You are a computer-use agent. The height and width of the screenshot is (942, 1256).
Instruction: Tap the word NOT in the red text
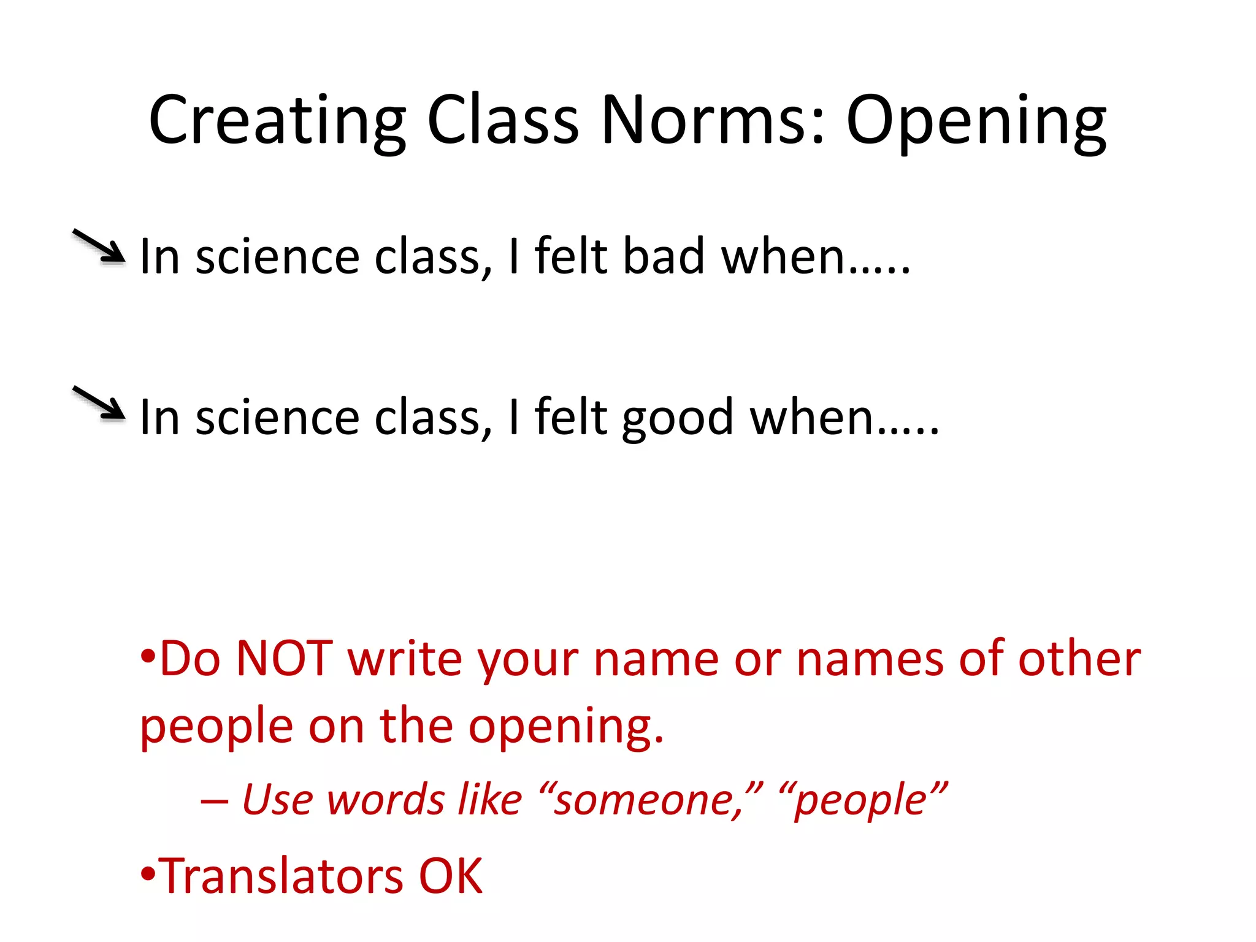click(285, 659)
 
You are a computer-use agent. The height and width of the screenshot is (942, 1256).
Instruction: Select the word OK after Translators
click(451, 875)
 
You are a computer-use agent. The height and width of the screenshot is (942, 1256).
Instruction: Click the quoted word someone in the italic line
click(650, 800)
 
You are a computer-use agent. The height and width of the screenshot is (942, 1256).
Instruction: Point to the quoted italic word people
click(862, 801)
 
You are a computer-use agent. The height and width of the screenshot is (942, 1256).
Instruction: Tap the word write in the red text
click(405, 659)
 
